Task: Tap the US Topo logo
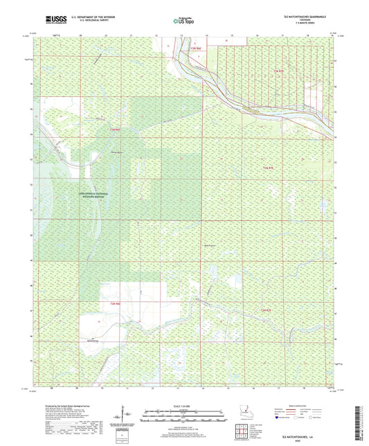[x=183, y=21]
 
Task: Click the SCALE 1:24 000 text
[x=184, y=406]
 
